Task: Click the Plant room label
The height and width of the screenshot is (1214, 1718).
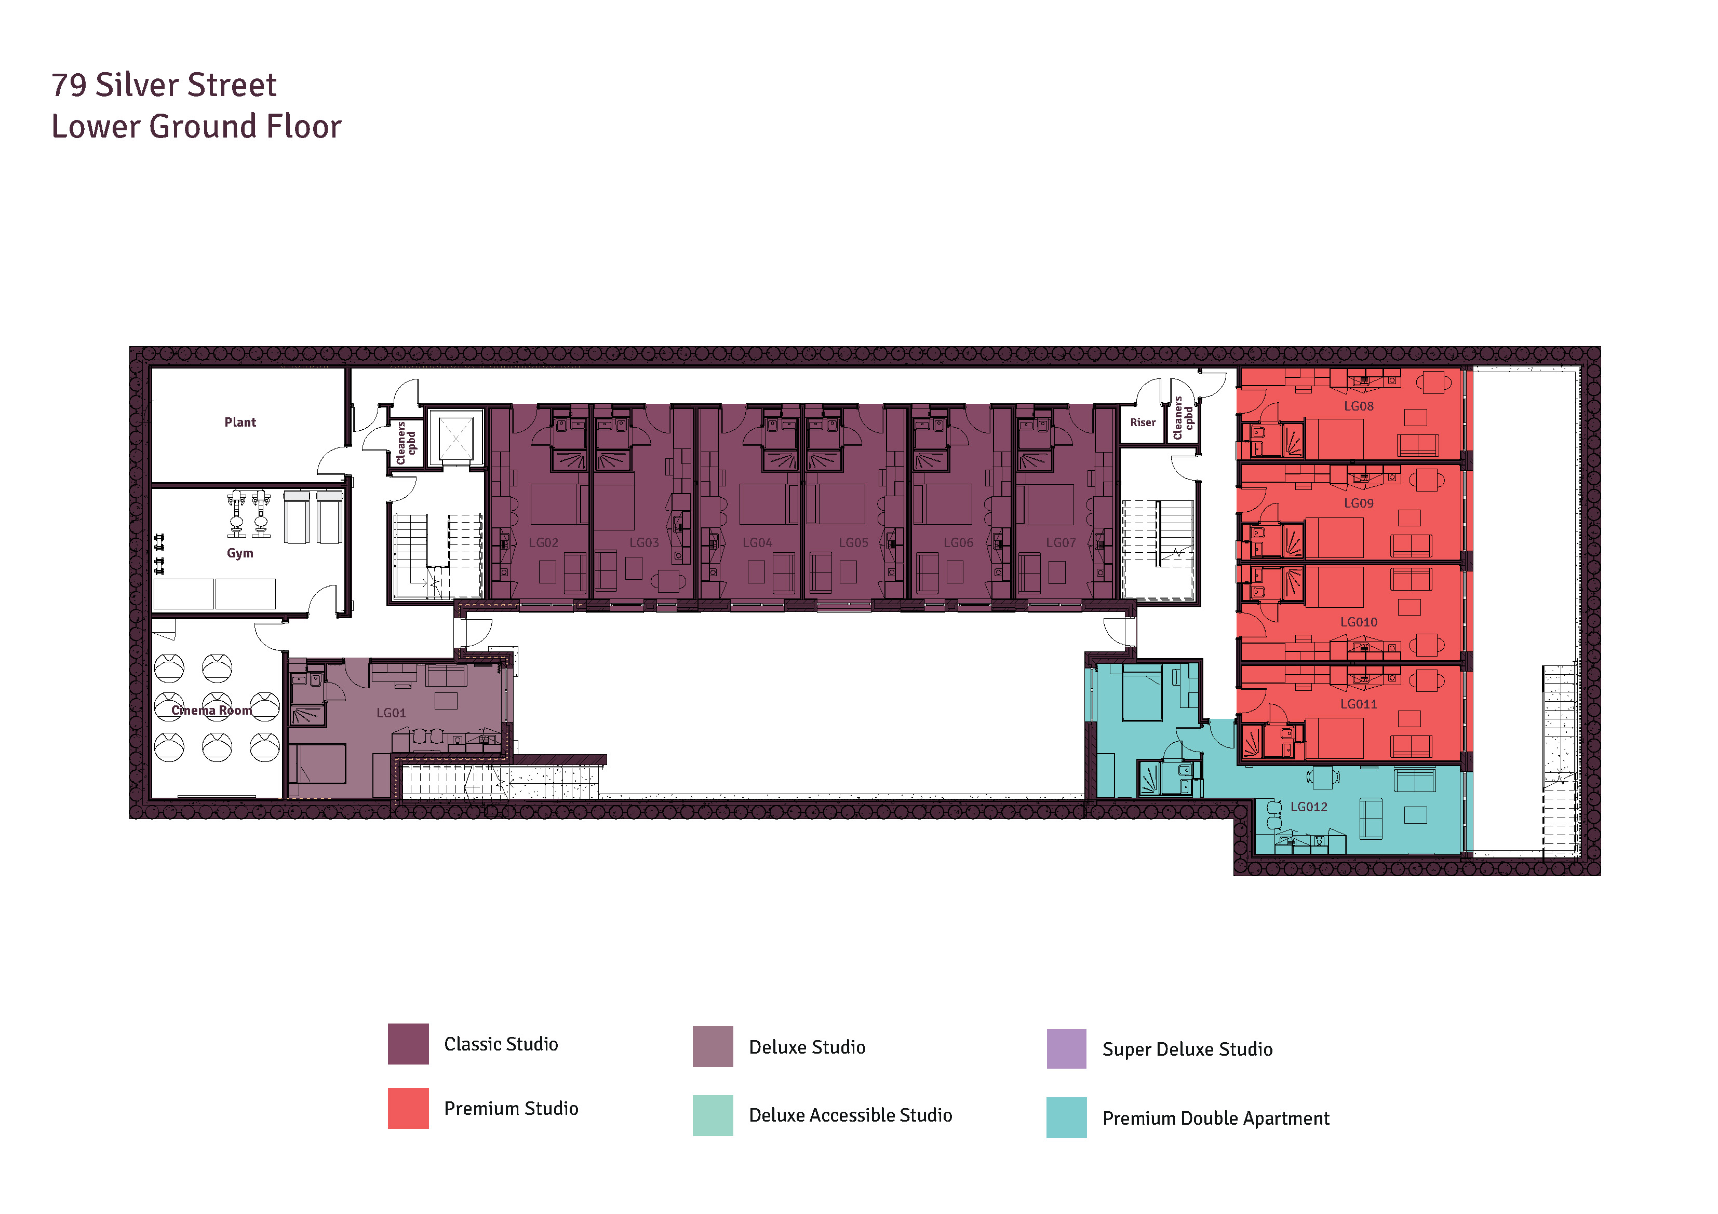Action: click(240, 422)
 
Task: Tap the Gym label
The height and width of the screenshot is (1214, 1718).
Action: click(240, 553)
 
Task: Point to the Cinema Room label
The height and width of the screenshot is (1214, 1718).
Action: click(212, 711)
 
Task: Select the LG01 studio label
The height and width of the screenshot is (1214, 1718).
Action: click(392, 713)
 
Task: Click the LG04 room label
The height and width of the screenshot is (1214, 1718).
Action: click(757, 543)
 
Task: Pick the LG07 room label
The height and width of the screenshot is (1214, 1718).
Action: click(1061, 543)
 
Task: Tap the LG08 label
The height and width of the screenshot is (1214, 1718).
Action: click(1359, 406)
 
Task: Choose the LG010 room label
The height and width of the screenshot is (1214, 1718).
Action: click(1359, 622)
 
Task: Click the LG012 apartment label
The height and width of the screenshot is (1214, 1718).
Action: click(1309, 807)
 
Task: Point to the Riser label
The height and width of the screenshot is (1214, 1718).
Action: click(1143, 422)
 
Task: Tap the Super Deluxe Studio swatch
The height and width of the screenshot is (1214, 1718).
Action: click(1066, 1049)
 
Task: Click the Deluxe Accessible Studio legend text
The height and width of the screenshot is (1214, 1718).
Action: click(851, 1116)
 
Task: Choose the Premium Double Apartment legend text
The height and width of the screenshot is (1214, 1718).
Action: click(1216, 1119)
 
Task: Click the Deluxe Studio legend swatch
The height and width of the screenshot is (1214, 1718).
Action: click(713, 1046)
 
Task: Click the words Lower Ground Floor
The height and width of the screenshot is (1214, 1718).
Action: click(196, 127)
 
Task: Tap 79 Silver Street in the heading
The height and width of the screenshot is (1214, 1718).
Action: click(164, 85)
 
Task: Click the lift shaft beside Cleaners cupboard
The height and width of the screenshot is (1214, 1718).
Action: click(455, 438)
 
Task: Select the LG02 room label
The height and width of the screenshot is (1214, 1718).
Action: click(543, 543)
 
